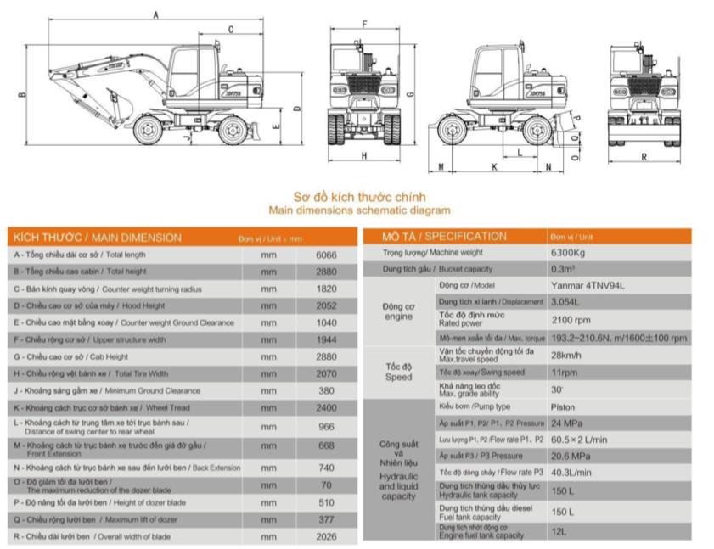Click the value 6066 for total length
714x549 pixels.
click(x=326, y=255)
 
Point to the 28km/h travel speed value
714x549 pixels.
click(x=566, y=355)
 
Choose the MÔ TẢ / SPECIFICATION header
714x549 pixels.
click(x=444, y=236)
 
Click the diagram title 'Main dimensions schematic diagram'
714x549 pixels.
click(x=359, y=210)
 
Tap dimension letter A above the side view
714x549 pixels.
click(x=155, y=14)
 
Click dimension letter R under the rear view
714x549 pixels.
click(x=644, y=156)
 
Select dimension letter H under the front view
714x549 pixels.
click(x=363, y=155)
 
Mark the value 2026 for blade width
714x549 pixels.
click(x=326, y=536)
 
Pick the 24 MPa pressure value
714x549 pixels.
click(x=565, y=423)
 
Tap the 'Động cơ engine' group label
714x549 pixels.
click(x=398, y=311)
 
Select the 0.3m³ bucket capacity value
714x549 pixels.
click(x=562, y=269)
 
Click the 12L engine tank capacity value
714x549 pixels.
click(x=560, y=531)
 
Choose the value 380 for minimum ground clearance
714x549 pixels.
click(x=326, y=391)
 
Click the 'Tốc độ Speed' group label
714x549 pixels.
click(x=398, y=372)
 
